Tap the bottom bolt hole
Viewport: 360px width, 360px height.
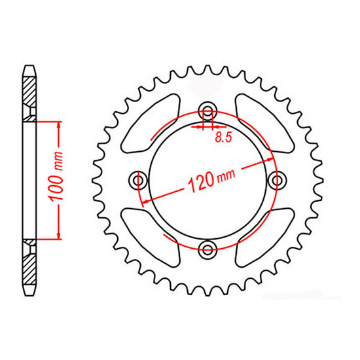pyautogui.click(x=209, y=247)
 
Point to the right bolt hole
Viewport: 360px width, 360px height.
pyautogui.click(x=278, y=179)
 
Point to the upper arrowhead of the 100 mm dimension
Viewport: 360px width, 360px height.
pyautogui.click(x=60, y=125)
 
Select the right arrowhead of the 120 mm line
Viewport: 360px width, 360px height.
pyautogui.click(x=272, y=158)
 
